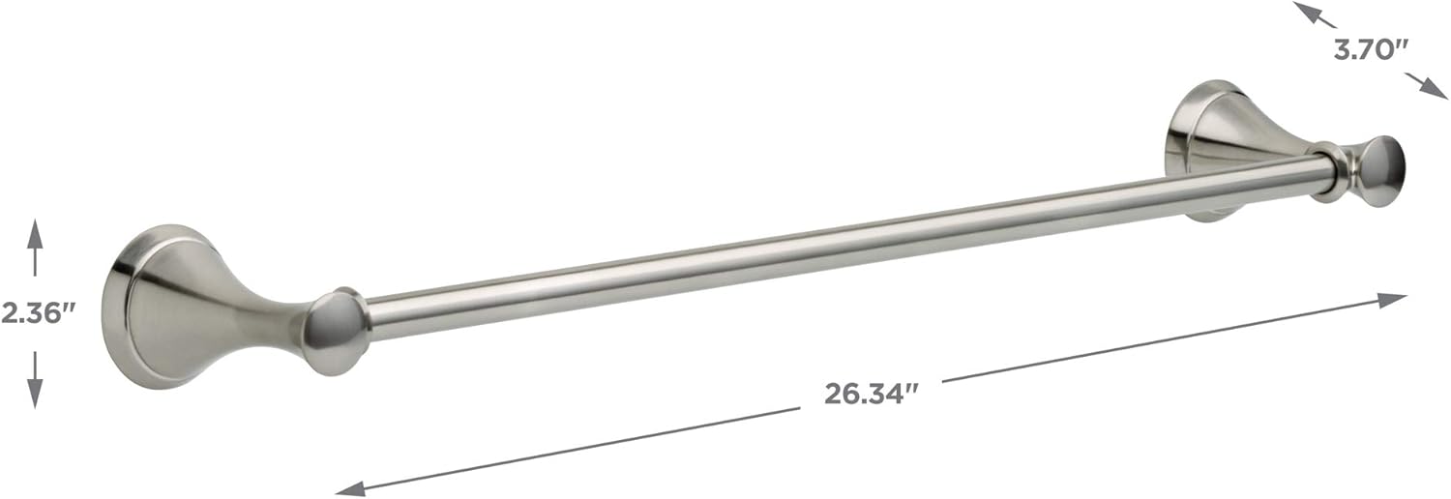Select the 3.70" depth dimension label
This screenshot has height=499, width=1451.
pos(1371,50)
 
